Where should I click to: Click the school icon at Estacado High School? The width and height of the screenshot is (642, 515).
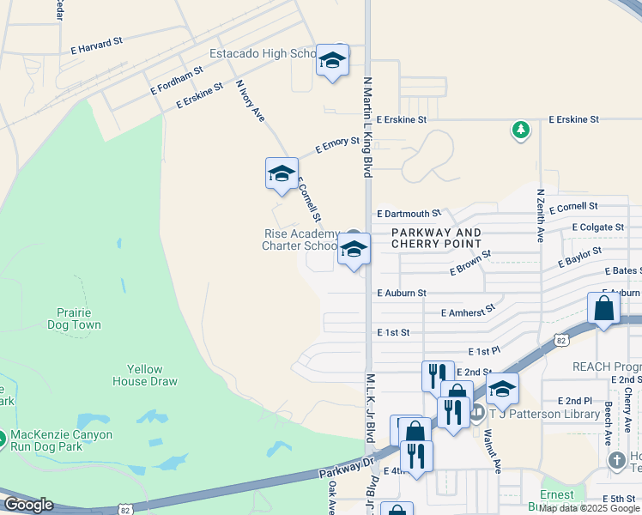(332, 61)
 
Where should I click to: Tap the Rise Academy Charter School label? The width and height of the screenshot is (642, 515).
(300, 240)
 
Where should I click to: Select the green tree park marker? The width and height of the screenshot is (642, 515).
(520, 130)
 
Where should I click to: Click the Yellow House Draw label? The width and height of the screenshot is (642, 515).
(145, 375)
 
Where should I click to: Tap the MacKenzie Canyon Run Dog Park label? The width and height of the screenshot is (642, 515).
(61, 441)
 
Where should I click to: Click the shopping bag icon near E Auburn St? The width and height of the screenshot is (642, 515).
(603, 308)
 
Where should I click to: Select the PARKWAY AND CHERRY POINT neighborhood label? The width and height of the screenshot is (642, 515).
(437, 239)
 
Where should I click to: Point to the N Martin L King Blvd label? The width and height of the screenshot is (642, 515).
(367, 126)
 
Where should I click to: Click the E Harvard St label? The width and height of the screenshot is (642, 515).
(98, 45)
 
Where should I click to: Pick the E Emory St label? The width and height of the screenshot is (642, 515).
(336, 144)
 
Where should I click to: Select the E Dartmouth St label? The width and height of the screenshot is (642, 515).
(408, 213)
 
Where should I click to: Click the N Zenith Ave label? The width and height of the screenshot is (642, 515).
(540, 215)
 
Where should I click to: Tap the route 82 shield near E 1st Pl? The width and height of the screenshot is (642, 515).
(560, 340)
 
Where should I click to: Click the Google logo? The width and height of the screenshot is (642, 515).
(28, 505)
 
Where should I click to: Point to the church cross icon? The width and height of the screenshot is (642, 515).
(616, 461)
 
